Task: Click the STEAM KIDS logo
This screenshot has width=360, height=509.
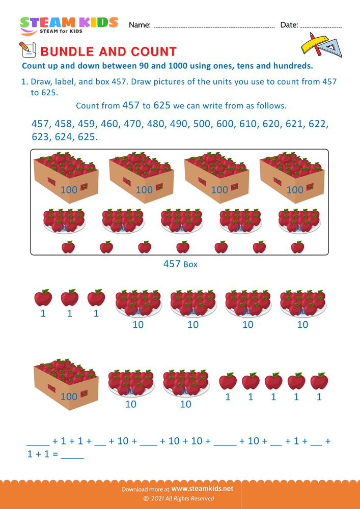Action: pos(69,25)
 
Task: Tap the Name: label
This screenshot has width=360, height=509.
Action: pos(140,25)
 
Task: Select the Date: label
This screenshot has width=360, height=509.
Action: pos(289,25)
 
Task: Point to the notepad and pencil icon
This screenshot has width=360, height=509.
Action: pos(26,50)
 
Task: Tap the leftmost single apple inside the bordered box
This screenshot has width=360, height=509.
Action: pos(68,247)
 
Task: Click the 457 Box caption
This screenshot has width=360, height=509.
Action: pos(180,264)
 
